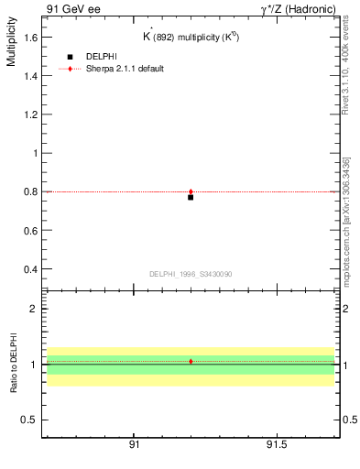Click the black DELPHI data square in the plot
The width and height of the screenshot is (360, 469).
point(191,197)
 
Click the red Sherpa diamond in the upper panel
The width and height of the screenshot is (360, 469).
point(191,192)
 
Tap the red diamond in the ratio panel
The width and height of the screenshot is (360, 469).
point(191,362)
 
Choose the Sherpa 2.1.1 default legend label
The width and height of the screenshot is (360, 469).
point(125,69)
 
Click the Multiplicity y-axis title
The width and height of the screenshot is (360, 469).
point(11,46)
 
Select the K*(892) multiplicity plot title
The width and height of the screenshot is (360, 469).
point(191,38)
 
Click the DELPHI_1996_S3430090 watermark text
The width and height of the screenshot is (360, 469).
point(191,274)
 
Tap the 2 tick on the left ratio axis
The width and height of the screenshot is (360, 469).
point(35,309)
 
